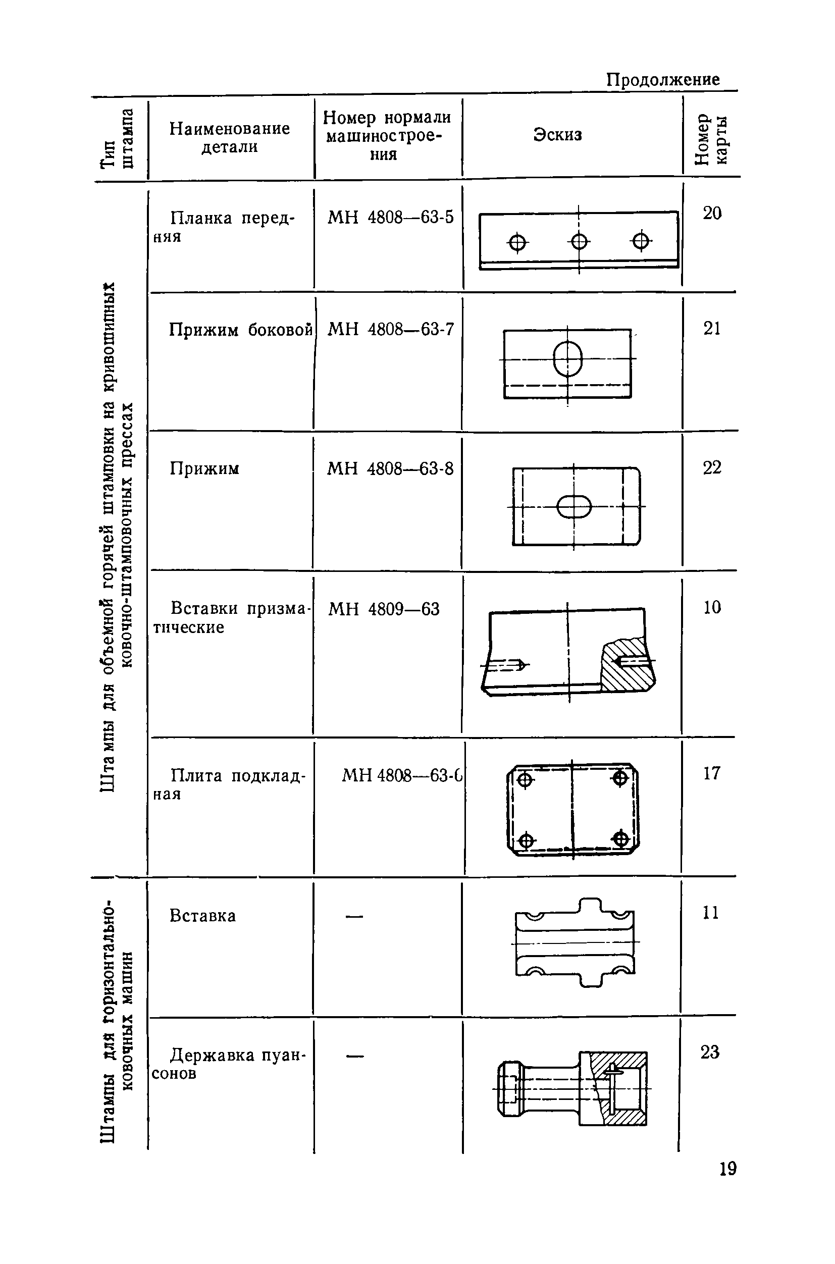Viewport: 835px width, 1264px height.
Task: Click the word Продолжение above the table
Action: (663, 80)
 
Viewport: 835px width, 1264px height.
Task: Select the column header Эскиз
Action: (557, 135)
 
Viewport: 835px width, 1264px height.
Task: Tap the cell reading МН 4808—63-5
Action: (390, 217)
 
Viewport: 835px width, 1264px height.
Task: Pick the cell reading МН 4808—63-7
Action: (391, 330)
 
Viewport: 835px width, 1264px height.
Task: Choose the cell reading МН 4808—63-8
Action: (390, 468)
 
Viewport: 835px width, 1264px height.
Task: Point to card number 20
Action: (712, 213)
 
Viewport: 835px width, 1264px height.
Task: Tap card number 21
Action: (712, 329)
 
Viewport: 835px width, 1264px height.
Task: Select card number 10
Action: (712, 607)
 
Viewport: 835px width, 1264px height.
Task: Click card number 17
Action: (712, 773)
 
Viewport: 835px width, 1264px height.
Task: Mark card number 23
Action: (710, 1052)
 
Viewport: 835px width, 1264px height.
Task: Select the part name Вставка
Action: (202, 916)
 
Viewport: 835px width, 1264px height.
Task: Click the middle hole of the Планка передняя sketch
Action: (579, 242)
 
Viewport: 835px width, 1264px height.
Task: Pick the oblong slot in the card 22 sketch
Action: (574, 507)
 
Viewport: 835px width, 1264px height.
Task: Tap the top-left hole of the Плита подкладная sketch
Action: (525, 780)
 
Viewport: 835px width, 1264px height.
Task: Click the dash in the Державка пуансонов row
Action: (355, 1056)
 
